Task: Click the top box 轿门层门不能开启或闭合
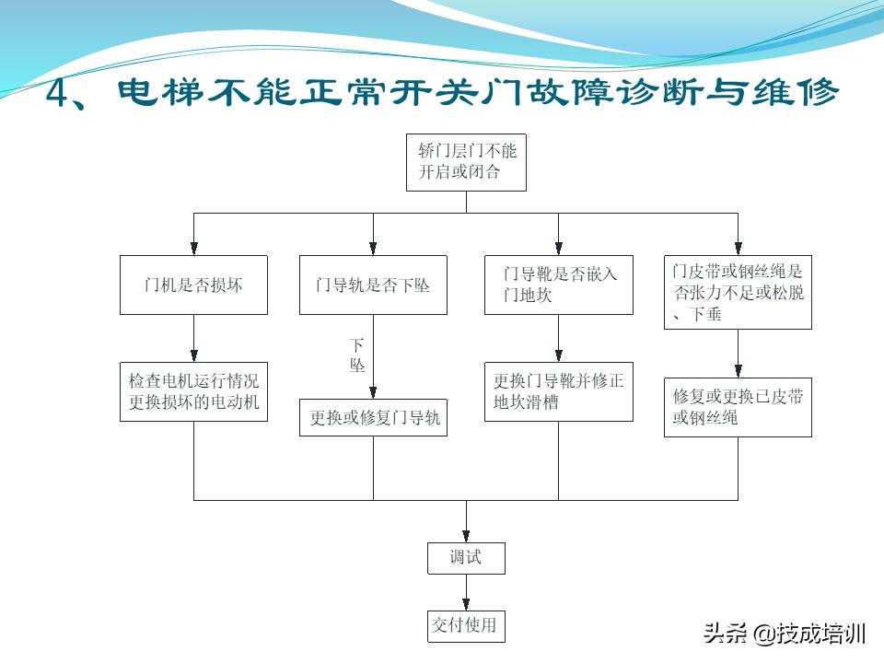pyautogui.click(x=466, y=162)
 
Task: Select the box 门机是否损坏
pyautogui.click(x=193, y=285)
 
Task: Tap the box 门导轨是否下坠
pyautogui.click(x=373, y=285)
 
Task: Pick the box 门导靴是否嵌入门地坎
pyautogui.click(x=559, y=285)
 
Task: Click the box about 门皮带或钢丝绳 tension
pyautogui.click(x=738, y=292)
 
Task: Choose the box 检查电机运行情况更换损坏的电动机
pyautogui.click(x=193, y=391)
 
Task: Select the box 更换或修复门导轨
pyautogui.click(x=373, y=417)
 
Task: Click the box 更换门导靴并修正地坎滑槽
pyautogui.click(x=559, y=391)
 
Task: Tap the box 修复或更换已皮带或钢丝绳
pyautogui.click(x=738, y=407)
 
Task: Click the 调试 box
pyautogui.click(x=466, y=558)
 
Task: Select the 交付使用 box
pyautogui.click(x=466, y=626)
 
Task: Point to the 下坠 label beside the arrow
pyautogui.click(x=356, y=355)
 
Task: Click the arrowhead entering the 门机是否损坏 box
pyautogui.click(x=193, y=249)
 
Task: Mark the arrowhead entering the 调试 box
pyautogui.click(x=466, y=537)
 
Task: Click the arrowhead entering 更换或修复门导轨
pyautogui.click(x=373, y=392)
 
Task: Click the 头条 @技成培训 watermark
pyautogui.click(x=785, y=634)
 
